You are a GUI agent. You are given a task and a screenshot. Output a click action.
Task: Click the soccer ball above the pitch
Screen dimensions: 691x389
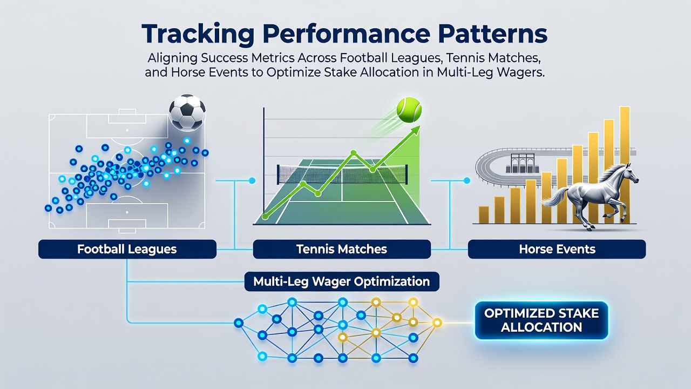[x=187, y=112]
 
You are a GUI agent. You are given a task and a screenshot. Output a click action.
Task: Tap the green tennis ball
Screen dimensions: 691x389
[x=409, y=110]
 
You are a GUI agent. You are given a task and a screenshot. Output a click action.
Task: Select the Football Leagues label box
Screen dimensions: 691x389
[x=127, y=249]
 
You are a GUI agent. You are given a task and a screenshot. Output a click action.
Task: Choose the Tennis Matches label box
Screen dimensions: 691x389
[x=342, y=249]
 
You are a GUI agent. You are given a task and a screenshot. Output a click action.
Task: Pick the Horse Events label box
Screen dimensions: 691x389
[x=557, y=249]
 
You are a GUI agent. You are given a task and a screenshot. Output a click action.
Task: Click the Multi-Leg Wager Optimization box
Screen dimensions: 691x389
[x=342, y=281]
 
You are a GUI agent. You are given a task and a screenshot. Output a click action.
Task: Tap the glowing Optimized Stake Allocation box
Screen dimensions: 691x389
[x=541, y=320]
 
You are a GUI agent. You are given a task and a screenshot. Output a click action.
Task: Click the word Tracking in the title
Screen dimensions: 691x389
[x=198, y=35]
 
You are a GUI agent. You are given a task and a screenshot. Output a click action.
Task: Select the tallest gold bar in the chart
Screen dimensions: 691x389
[x=625, y=165]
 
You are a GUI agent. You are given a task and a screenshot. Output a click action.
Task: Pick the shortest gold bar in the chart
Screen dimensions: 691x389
[x=484, y=215]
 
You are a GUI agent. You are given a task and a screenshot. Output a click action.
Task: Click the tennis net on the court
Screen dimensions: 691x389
[x=343, y=174]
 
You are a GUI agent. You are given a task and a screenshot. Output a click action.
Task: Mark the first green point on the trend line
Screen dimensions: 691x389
[x=265, y=217]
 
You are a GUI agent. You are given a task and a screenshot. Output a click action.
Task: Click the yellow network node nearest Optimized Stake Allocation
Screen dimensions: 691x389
[x=437, y=323]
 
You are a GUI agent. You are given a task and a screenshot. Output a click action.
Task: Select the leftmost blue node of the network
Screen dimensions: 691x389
[x=239, y=323]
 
